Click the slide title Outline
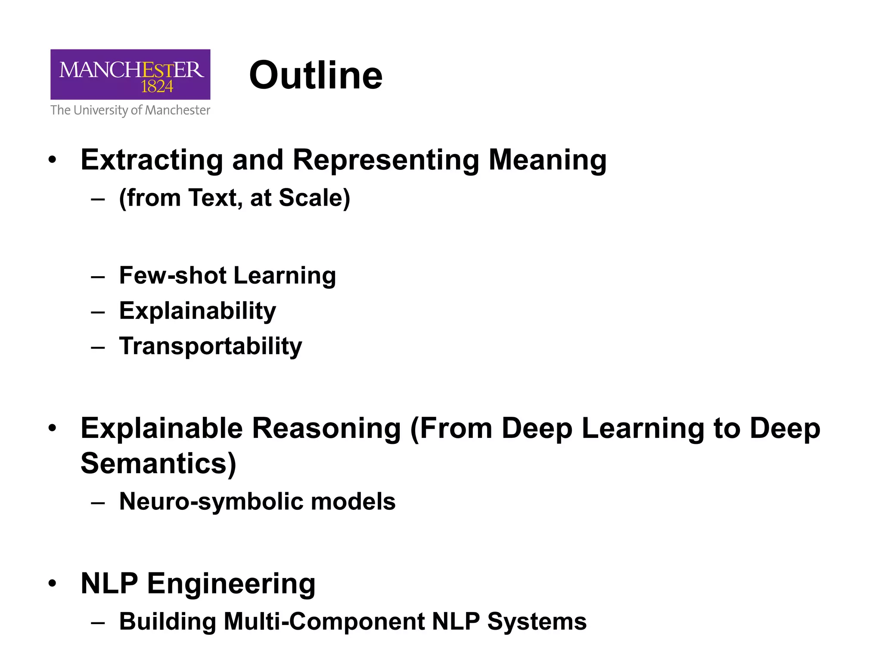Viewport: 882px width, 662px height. tap(316, 75)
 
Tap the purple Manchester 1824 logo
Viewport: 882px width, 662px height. tap(130, 74)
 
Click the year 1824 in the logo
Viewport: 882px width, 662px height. tap(157, 87)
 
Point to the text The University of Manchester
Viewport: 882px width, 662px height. tap(130, 110)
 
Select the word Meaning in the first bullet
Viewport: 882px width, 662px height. tap(547, 160)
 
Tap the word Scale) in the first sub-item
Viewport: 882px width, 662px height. tap(314, 198)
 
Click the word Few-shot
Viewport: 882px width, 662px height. tap(173, 275)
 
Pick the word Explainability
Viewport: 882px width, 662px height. tap(198, 311)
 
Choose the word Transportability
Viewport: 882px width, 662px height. tap(211, 346)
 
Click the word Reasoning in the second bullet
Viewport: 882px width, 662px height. tap(326, 428)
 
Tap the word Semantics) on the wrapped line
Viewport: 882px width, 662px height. tap(158, 463)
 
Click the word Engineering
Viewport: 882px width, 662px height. tap(231, 584)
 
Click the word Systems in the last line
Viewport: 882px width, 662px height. tap(537, 621)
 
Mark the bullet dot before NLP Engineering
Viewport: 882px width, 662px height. tap(53, 584)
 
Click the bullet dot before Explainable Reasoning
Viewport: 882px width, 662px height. tap(53, 428)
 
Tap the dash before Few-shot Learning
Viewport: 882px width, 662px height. tap(98, 276)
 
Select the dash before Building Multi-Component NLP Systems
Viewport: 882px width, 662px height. tap(98, 622)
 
